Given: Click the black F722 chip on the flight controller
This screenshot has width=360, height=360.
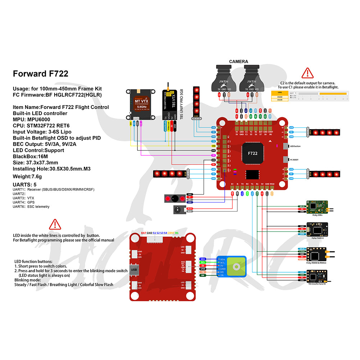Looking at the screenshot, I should click(x=253, y=153).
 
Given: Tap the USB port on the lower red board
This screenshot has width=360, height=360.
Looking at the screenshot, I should click(x=134, y=269).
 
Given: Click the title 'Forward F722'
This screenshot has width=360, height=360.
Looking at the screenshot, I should click(x=41, y=74).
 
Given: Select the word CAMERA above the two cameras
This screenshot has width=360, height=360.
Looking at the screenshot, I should click(x=238, y=61).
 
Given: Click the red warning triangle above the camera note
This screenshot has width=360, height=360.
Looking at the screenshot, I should click(x=307, y=73).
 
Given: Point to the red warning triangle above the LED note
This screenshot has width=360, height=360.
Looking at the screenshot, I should click(x=55, y=224).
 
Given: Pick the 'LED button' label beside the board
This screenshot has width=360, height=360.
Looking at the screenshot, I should click(x=295, y=146).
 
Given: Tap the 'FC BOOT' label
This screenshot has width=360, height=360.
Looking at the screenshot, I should click(x=294, y=160).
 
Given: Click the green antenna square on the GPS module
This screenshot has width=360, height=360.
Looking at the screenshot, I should click(x=237, y=266).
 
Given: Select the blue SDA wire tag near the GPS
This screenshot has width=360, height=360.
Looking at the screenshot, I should click(x=203, y=259).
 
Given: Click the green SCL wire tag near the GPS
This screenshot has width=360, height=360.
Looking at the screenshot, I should click(x=203, y=262).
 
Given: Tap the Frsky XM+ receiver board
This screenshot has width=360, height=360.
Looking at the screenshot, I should click(x=317, y=207).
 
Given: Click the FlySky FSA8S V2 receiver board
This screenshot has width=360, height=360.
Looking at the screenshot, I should click(x=318, y=229).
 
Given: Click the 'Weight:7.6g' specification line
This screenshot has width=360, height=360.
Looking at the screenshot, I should click(x=27, y=176).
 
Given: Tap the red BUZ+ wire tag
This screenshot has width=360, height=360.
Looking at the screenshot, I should click(x=190, y=208).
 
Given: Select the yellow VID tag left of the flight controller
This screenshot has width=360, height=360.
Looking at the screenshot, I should click(x=213, y=146).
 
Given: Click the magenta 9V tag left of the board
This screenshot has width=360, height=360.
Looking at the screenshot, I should click(x=213, y=155).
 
